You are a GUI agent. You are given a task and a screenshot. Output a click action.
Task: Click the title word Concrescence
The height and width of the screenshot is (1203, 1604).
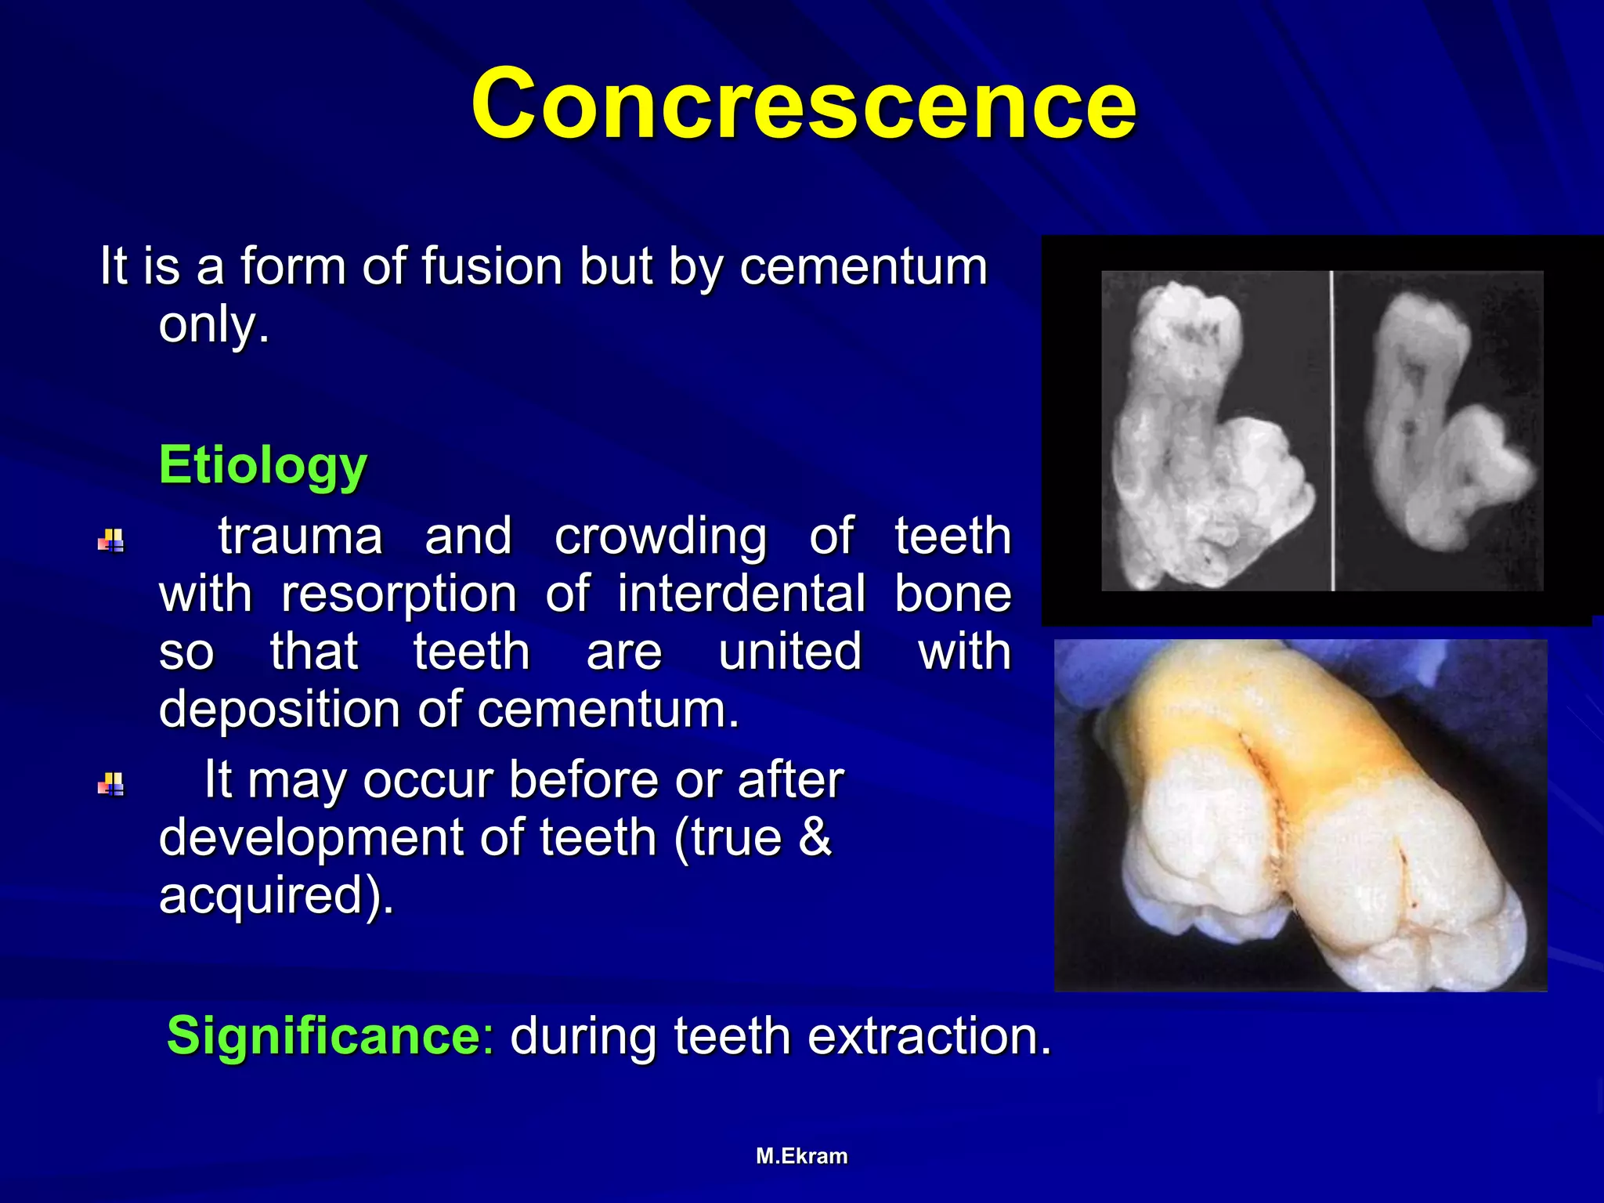click(x=803, y=104)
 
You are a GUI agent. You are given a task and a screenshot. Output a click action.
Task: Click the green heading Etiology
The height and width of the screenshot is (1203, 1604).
click(x=262, y=465)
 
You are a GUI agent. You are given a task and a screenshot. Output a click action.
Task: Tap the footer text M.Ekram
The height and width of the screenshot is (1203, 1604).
click(x=801, y=1156)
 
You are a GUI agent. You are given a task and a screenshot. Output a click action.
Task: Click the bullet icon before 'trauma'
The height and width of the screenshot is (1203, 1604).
click(x=111, y=540)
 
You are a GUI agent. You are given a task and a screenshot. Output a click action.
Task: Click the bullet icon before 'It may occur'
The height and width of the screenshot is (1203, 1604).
click(x=111, y=784)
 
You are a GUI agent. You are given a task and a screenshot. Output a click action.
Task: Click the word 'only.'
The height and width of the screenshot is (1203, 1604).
click(x=214, y=324)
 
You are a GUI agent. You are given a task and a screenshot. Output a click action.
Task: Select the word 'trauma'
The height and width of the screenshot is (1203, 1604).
click(x=300, y=536)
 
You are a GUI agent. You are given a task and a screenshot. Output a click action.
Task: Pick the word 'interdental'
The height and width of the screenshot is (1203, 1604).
click(x=741, y=594)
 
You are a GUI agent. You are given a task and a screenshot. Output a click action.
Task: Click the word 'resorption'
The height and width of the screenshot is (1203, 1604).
click(x=399, y=594)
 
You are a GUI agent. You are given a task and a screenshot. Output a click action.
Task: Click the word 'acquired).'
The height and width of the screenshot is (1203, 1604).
click(x=276, y=895)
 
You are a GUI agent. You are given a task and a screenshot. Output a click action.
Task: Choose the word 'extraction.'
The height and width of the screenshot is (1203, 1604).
click(x=929, y=1035)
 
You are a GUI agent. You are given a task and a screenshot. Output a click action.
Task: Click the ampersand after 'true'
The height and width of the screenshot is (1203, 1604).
click(x=815, y=837)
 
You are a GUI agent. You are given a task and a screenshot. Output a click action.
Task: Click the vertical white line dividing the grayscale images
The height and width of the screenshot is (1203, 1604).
click(x=1331, y=431)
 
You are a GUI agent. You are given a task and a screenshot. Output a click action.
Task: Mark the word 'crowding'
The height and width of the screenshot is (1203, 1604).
click(x=660, y=536)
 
